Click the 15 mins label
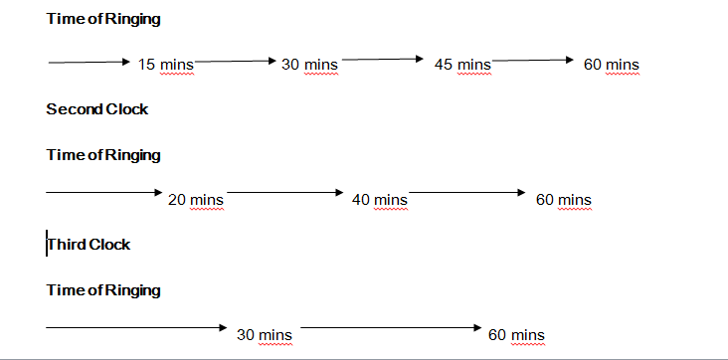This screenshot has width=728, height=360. point(159,65)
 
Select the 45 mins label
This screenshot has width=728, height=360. point(462,65)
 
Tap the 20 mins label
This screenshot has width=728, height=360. point(196,200)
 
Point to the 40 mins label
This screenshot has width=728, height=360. point(379,200)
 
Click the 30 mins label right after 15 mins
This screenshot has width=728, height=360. point(309,65)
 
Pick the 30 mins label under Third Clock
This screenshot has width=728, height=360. point(264,335)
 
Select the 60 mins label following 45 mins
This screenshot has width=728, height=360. point(611,65)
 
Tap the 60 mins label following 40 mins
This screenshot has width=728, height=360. point(563,200)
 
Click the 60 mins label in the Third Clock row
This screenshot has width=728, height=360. point(516,335)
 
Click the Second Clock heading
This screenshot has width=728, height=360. point(96,109)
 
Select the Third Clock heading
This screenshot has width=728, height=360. point(90,245)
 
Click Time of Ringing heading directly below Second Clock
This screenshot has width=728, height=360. point(103,155)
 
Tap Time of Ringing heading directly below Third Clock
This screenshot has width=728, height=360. point(103,290)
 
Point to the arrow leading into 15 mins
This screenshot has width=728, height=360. point(89,63)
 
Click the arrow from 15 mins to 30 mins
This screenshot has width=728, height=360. point(236,61)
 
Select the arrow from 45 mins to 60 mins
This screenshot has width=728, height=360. point(533,61)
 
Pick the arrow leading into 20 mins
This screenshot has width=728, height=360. point(103,191)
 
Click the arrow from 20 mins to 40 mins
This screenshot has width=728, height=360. point(285,191)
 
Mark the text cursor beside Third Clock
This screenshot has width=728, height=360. point(47,245)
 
